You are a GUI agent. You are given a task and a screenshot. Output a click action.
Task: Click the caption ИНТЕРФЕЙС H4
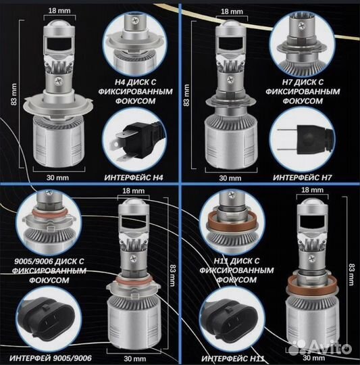[134, 178]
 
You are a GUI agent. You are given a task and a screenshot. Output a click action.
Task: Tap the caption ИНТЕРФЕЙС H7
[302, 178]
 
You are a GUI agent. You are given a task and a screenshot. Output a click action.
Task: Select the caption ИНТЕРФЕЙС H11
[233, 358]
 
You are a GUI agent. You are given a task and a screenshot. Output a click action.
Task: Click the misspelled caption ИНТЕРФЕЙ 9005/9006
[51, 358]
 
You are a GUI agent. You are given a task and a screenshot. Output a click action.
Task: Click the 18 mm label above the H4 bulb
[59, 11]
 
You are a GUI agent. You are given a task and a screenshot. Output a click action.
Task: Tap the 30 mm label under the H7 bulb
[230, 178]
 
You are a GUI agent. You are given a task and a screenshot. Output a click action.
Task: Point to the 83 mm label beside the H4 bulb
[14, 94]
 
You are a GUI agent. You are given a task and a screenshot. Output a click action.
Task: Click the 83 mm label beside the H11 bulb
[352, 274]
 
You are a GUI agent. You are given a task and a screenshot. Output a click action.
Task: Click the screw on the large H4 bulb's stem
[58, 81]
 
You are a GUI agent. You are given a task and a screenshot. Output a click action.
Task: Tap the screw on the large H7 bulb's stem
[230, 80]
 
